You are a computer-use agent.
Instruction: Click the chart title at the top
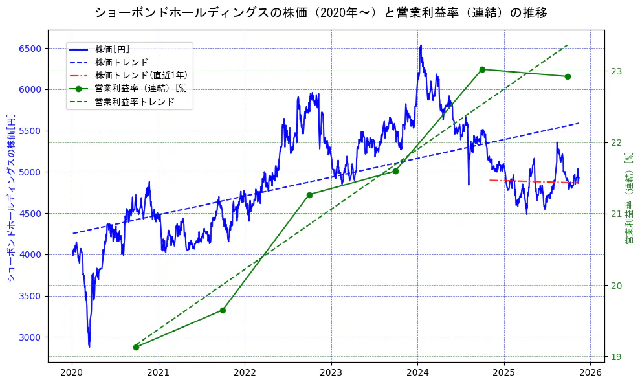(x=320, y=13)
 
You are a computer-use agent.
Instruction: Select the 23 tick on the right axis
(x=615, y=71)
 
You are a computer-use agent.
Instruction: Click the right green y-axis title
(x=628, y=198)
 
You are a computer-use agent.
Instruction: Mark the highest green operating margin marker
(x=482, y=69)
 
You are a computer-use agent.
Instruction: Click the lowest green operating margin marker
(x=136, y=347)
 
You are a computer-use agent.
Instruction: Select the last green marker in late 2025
(x=568, y=76)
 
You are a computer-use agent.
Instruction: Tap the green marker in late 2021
(x=223, y=310)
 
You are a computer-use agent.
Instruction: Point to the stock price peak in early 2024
(x=421, y=45)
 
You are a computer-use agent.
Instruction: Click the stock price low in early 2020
(x=89, y=346)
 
